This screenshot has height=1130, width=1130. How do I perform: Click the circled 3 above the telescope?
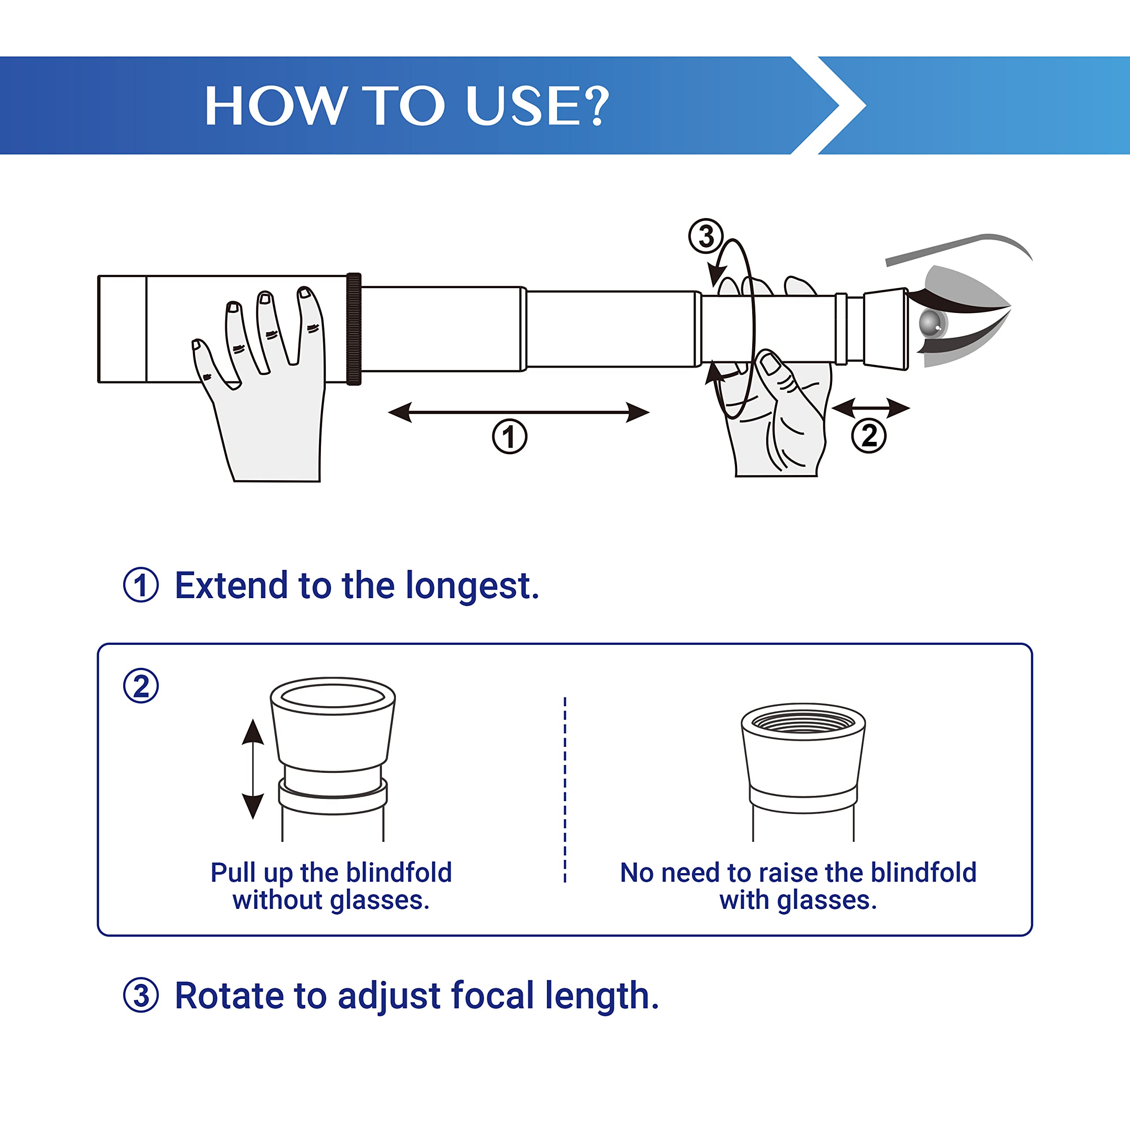pos(706,236)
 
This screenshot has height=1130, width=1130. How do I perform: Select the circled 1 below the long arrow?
pos(509,436)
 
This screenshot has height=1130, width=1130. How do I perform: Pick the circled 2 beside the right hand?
pos(869,435)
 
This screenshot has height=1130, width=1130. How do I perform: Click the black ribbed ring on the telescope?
pos(354,329)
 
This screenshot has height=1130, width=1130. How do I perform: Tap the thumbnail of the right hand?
pos(770,365)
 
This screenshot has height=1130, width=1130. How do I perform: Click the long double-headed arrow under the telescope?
pos(518,412)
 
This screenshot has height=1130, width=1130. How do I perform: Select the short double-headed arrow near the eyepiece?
pos(870,408)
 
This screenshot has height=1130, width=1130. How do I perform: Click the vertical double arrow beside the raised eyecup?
pos(252,769)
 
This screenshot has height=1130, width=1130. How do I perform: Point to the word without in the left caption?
pos(277,900)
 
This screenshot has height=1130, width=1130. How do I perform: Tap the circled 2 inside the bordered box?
pos(141,686)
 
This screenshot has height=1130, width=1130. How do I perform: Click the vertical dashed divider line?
pos(565,790)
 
